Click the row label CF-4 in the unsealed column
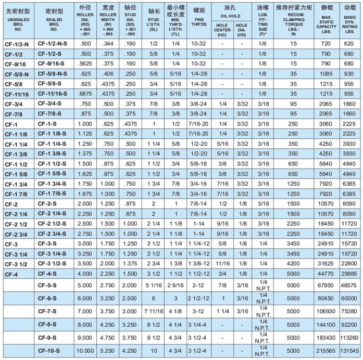tap(11, 274)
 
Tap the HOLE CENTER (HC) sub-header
tap(222, 29)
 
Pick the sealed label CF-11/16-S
tap(54, 94)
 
